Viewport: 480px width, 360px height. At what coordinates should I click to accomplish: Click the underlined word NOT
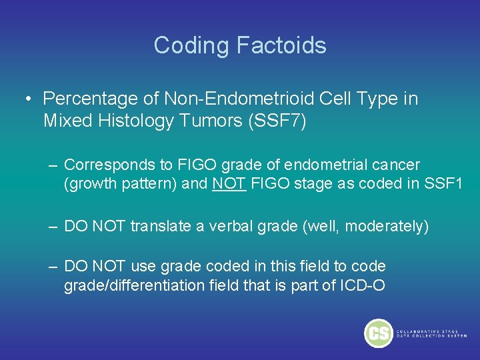pyautogui.click(x=229, y=183)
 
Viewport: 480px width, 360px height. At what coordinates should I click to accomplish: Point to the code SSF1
pyautogui.click(x=443, y=183)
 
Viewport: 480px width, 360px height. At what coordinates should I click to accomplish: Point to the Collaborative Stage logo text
pyautogui.click(x=431, y=333)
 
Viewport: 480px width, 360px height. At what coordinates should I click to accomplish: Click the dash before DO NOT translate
pyautogui.click(x=53, y=226)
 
